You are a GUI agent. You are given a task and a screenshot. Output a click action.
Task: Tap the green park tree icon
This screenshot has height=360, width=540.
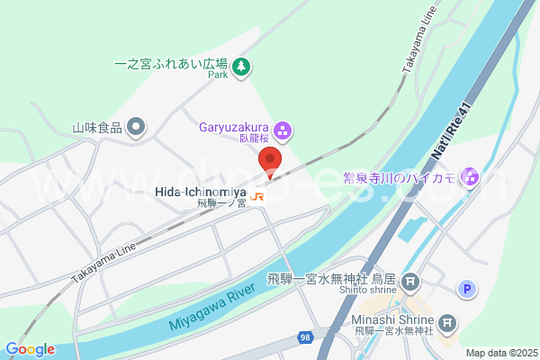point(241,66)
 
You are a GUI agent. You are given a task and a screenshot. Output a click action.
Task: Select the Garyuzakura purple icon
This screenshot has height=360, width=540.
point(282,132)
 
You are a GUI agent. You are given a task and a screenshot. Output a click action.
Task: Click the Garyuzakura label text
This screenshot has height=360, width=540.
point(235,128)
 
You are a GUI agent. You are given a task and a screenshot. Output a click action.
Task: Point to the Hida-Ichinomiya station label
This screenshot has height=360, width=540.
point(199,192)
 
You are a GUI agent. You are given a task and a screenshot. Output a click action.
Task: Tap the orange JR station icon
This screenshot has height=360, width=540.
point(258,195)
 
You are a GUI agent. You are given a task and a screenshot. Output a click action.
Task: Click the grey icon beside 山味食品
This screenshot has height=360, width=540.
point(136,127)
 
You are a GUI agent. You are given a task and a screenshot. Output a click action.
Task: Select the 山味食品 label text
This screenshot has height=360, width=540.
point(96,128)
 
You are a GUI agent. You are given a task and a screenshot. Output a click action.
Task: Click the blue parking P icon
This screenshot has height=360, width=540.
point(466,289)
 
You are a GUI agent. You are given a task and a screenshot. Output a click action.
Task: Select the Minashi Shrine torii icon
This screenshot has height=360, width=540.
point(447,323)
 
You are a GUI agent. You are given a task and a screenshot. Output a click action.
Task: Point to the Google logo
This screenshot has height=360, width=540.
point(30,349)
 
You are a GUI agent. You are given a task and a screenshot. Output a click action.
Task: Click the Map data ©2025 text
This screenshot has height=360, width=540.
point(500,352)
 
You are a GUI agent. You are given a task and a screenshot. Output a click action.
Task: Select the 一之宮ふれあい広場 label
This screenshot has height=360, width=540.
point(171,65)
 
